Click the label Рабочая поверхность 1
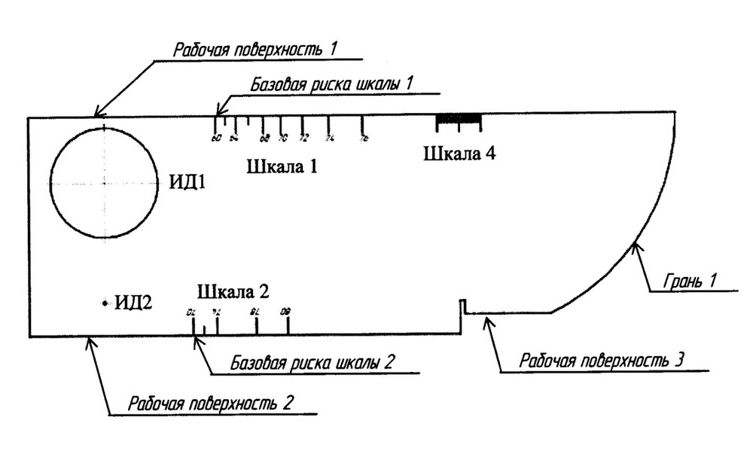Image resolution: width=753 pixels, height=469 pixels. [255, 51]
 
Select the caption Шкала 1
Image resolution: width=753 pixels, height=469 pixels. [282, 166]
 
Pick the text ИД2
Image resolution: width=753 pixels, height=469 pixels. [133, 303]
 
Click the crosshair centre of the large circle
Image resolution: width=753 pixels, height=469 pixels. [104, 183]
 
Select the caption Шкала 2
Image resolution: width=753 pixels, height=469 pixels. [233, 291]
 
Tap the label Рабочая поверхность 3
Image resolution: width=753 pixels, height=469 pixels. [601, 359]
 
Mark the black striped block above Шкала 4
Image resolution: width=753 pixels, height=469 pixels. [459, 118]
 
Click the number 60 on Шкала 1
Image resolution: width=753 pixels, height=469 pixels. [217, 139]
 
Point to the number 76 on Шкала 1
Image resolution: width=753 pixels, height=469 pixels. [364, 139]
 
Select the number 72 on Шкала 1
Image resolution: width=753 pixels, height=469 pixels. [303, 139]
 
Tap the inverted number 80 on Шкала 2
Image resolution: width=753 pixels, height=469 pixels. [285, 311]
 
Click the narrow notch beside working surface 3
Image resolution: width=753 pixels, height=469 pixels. [464, 306]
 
